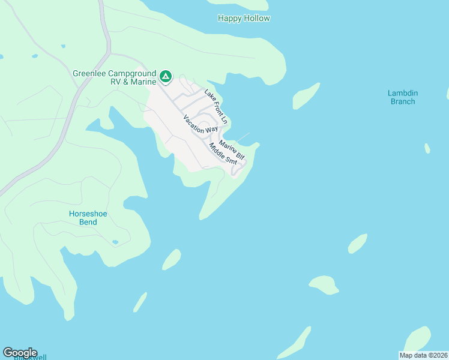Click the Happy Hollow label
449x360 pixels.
[244, 19]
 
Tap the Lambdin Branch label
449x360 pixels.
[402, 97]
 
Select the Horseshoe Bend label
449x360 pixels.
[83, 218]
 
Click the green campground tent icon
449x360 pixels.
[166, 77]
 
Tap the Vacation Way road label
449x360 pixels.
[200, 124]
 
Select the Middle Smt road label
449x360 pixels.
[223, 154]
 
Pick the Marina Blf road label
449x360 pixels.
[232, 150]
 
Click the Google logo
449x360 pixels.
[20, 353]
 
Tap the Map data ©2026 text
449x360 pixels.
[424, 355]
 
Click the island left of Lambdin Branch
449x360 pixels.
[306, 95]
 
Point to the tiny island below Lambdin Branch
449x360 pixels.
[427, 148]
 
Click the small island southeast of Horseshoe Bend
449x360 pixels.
[172, 259]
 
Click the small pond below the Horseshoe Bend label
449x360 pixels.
[115, 242]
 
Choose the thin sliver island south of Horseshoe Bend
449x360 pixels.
[140, 302]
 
